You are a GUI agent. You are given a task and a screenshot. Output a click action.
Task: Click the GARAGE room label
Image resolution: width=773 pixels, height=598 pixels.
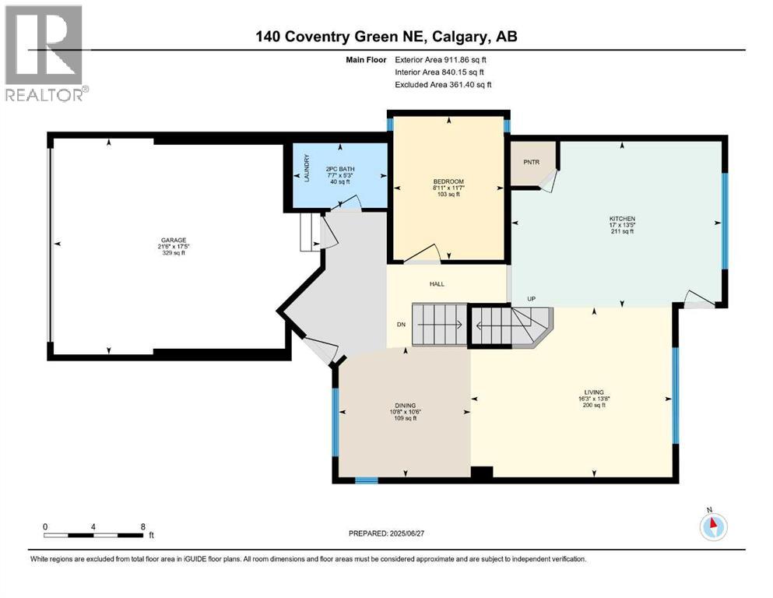[174, 240]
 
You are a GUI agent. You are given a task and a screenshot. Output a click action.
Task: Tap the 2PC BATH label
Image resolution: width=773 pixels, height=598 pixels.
[336, 169]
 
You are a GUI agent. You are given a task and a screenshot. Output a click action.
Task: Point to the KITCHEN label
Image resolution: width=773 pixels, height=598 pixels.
[622, 219]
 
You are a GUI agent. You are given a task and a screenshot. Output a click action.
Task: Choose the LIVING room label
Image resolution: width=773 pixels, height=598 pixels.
[595, 392]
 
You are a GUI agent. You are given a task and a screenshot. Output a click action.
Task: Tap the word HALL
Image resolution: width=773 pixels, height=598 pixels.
[437, 284]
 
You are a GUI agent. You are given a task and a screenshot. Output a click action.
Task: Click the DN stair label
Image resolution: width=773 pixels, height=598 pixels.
[401, 325]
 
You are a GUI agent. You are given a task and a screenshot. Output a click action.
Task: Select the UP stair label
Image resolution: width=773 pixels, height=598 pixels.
[532, 299]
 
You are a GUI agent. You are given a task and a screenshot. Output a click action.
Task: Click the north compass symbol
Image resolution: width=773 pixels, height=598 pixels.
[712, 526]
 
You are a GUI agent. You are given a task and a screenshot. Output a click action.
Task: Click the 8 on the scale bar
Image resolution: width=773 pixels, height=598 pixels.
[142, 526]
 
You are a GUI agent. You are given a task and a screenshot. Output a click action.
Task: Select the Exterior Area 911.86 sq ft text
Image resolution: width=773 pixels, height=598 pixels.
[444, 59]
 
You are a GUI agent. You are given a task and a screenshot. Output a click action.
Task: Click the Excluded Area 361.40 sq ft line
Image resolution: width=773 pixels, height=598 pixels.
[444, 84]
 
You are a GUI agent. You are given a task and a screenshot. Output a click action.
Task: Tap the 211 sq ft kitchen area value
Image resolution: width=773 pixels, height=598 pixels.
[622, 232]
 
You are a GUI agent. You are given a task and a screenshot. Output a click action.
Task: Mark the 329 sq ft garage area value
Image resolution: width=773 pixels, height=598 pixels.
[174, 253]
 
